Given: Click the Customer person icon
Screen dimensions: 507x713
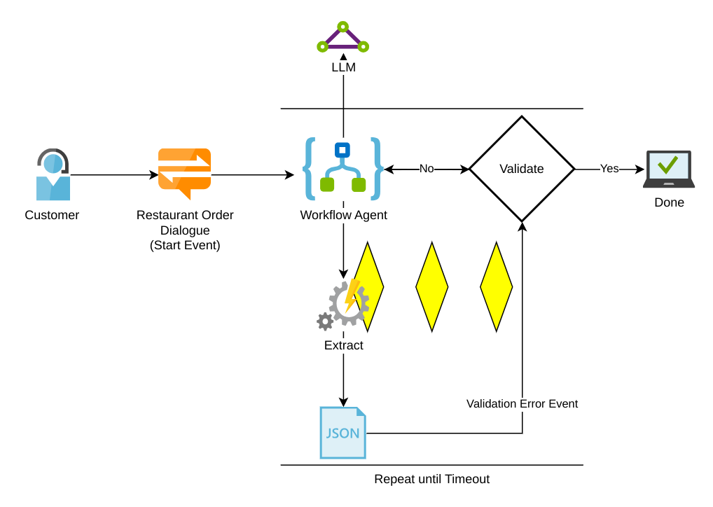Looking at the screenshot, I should [x=53, y=175].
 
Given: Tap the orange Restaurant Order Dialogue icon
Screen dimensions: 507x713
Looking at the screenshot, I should [x=184, y=174].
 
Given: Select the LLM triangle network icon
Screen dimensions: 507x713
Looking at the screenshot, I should [x=342, y=38].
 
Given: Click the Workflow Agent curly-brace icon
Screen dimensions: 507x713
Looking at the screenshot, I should [x=343, y=169].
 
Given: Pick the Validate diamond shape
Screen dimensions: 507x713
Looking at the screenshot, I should [x=522, y=169].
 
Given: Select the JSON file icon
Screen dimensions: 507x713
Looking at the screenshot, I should [x=343, y=433].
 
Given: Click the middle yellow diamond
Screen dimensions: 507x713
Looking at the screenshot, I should [x=431, y=287].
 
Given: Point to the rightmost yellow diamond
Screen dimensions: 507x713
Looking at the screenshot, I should [x=496, y=287].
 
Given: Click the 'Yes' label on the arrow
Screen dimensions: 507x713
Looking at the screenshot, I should [x=609, y=169].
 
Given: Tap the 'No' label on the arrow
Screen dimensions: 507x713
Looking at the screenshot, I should [x=427, y=169].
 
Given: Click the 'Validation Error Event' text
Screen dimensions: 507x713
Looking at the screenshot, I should [x=522, y=404].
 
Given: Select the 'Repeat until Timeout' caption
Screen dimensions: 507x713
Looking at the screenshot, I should [x=431, y=479].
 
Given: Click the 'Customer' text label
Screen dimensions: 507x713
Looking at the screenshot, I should [x=52, y=215].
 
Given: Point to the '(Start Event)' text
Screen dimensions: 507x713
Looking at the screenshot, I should [x=185, y=245].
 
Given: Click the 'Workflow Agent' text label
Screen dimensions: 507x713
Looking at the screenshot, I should [x=343, y=215].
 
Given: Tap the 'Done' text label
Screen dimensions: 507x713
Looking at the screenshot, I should [x=669, y=202].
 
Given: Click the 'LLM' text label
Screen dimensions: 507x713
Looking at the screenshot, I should [x=343, y=68].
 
